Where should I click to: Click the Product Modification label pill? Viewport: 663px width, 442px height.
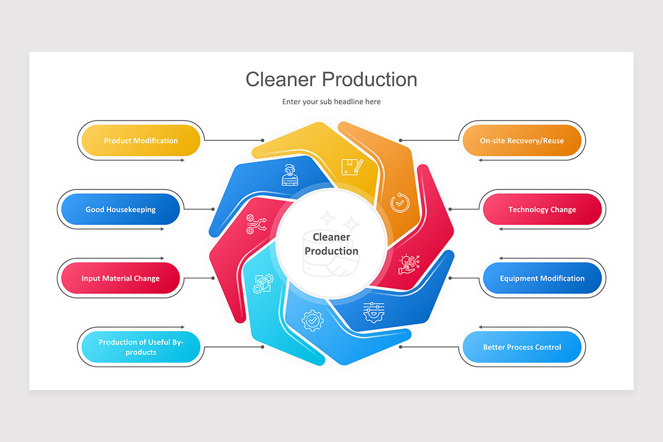(x=140, y=140)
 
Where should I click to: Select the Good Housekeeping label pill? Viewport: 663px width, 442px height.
(x=120, y=209)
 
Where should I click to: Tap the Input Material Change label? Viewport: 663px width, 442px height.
(x=120, y=278)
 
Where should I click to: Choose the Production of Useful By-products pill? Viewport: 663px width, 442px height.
(x=140, y=347)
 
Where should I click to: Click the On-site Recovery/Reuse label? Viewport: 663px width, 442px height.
(x=522, y=140)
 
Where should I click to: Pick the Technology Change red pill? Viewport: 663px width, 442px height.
(x=542, y=209)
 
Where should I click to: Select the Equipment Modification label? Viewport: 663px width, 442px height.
(x=542, y=278)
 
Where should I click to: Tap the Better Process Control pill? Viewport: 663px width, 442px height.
(x=522, y=347)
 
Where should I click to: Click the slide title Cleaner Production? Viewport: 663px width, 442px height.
(x=331, y=79)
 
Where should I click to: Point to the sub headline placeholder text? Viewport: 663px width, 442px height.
(x=331, y=102)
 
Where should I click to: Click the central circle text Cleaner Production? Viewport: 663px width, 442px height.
(x=331, y=244)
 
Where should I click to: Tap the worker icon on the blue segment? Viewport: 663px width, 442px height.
(x=290, y=175)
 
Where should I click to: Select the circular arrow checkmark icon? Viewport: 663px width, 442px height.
(x=400, y=203)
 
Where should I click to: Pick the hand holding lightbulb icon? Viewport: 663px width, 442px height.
(x=409, y=264)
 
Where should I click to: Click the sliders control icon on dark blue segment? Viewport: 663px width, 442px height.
(x=373, y=312)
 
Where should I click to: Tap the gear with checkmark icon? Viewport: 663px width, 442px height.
(x=312, y=320)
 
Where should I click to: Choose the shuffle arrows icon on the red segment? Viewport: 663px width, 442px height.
(x=256, y=224)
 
